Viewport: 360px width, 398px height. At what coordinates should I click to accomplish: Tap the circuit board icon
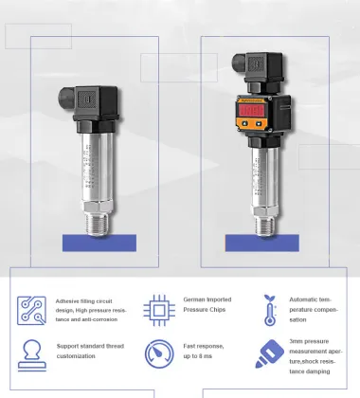pos(31,309)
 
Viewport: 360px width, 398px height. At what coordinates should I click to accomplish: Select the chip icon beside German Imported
pos(158,309)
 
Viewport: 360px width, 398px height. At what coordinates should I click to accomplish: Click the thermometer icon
pos(271,309)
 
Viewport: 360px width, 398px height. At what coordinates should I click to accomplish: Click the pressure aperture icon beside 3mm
pos(271,353)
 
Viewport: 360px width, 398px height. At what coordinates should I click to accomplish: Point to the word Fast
pos(190,347)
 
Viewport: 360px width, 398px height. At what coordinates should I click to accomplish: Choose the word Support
pos(68,347)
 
